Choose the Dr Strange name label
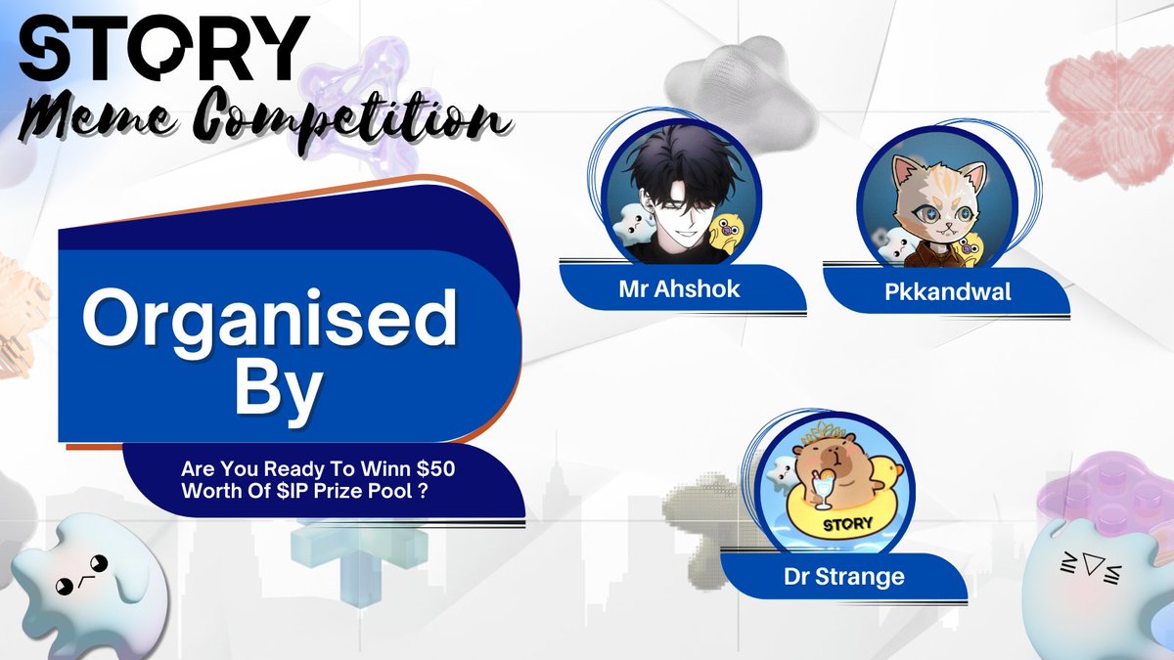click(844, 577)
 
